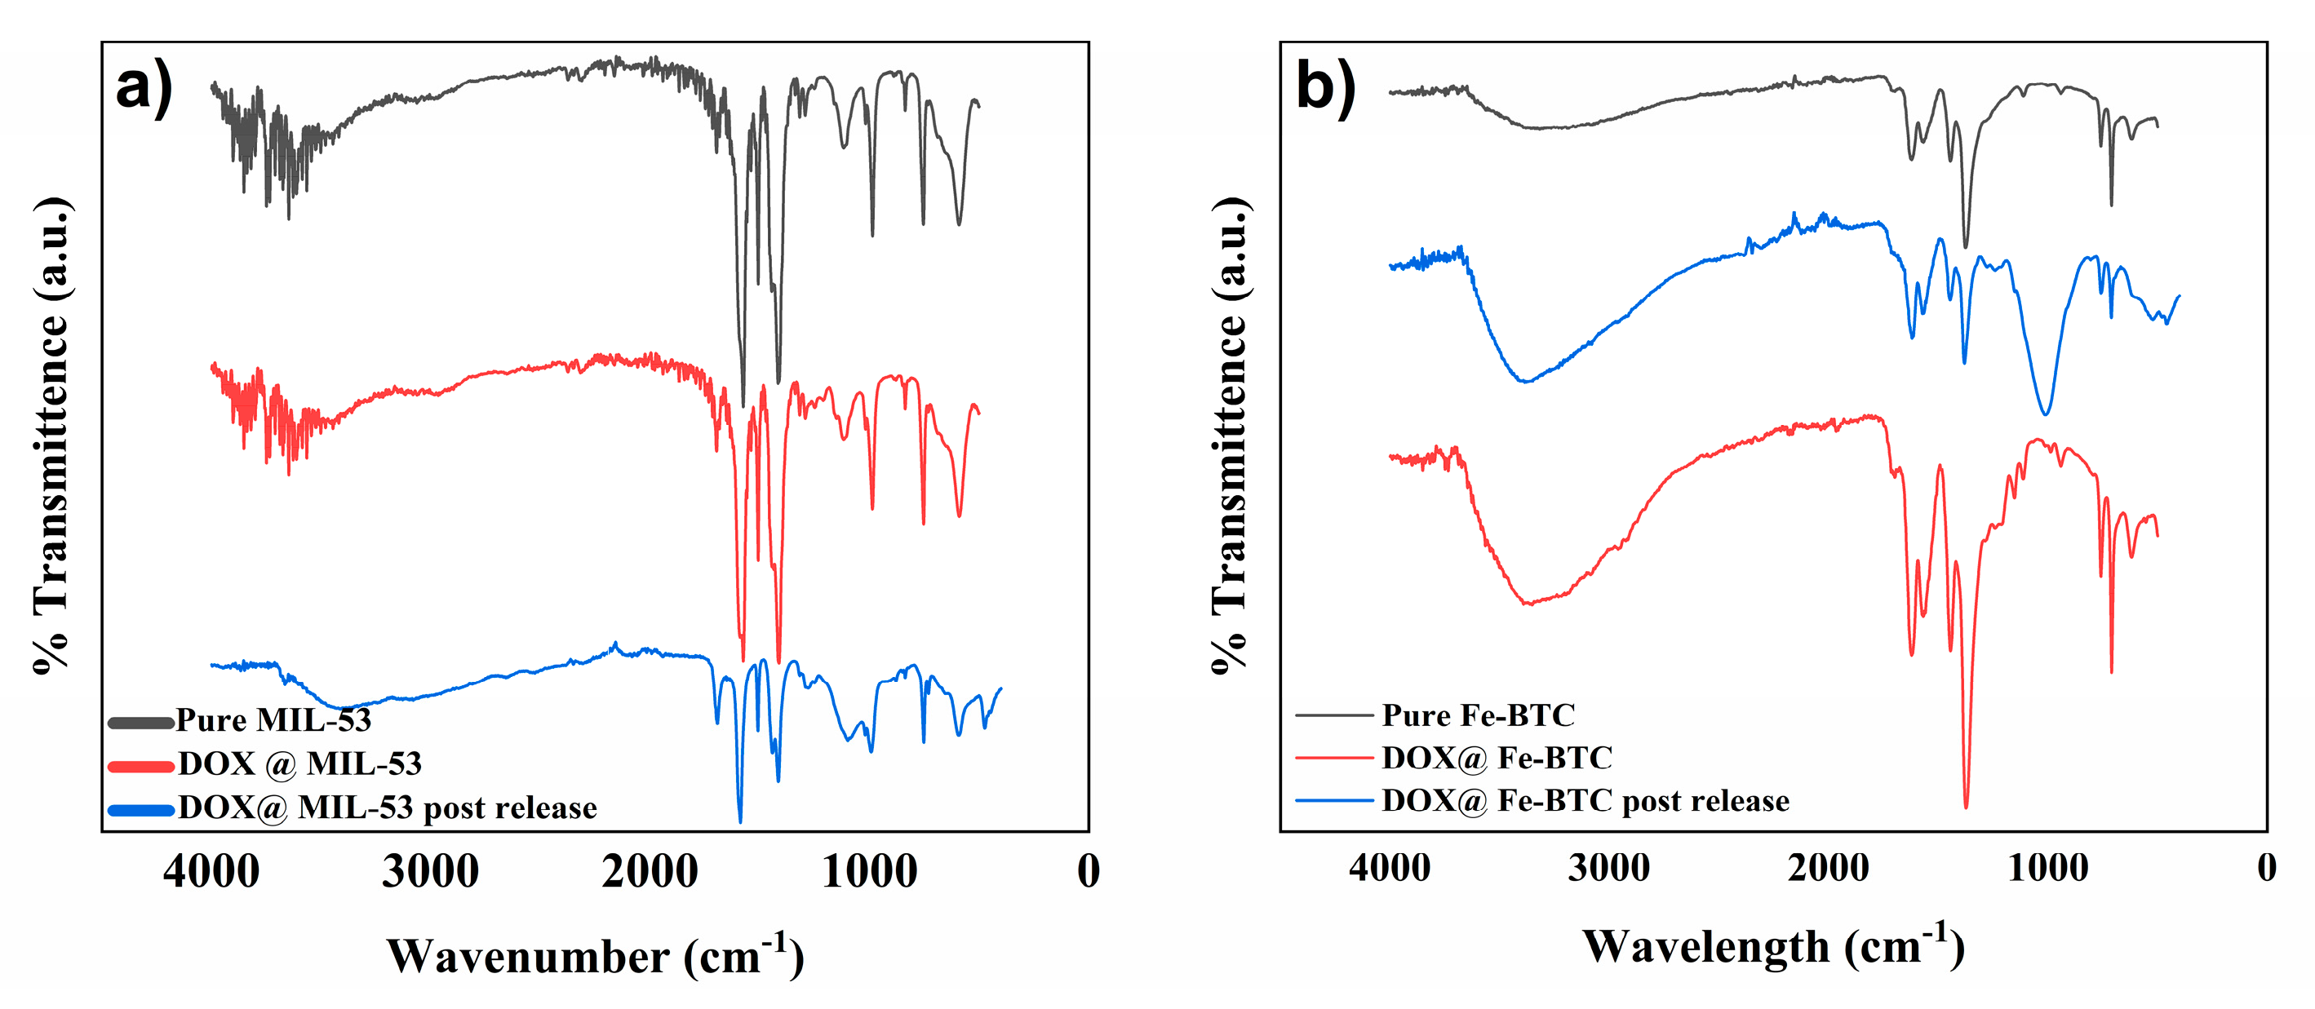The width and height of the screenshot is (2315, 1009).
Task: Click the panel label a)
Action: click(x=144, y=88)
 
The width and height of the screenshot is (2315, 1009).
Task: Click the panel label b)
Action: click(x=1325, y=88)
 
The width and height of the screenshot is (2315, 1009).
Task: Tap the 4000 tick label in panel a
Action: click(x=211, y=871)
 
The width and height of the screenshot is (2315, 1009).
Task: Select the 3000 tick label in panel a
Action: click(x=431, y=871)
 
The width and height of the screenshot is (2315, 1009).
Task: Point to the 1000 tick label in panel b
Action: click(x=2048, y=868)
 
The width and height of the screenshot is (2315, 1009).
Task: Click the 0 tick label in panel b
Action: click(x=2267, y=868)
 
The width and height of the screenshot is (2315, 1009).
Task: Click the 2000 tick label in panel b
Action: click(x=1829, y=868)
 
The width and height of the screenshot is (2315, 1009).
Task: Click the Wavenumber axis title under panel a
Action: click(x=595, y=955)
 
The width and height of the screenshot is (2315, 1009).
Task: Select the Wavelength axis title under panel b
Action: click(x=1772, y=946)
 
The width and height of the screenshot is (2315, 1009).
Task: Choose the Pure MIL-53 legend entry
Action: click(x=273, y=720)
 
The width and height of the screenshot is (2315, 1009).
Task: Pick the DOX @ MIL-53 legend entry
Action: click(x=299, y=763)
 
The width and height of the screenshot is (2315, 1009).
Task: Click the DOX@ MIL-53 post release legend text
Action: click(x=387, y=808)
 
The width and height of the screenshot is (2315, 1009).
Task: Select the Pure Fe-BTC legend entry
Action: click(x=1478, y=715)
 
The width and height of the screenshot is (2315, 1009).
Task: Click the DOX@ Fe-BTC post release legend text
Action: click(x=1585, y=800)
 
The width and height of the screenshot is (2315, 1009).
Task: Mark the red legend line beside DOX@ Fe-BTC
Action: click(x=1334, y=759)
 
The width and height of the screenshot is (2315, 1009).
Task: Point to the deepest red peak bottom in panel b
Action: click(x=1967, y=806)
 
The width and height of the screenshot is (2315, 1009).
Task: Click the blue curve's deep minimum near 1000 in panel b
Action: click(x=2047, y=414)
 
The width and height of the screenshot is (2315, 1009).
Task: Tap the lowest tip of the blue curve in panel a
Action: click(x=740, y=821)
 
